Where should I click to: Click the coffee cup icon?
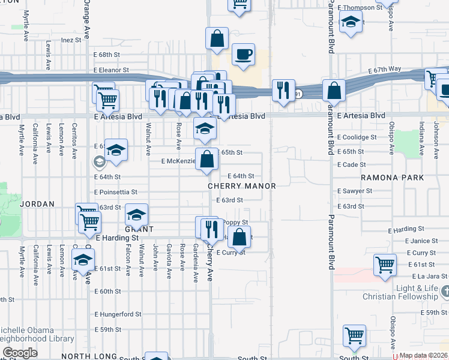tap(243, 55)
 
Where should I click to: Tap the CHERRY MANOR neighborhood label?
tap(242, 186)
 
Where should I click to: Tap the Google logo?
tap(20, 353)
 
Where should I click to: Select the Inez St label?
tap(71, 40)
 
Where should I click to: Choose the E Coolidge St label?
tap(357, 137)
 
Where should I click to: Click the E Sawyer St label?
tap(355, 191)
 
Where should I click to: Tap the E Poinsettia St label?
tap(116, 192)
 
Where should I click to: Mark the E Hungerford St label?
tap(118, 314)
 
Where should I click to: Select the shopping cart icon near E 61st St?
tap(384, 264)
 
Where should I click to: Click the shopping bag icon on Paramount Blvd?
tap(334, 90)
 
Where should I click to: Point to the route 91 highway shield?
tap(298, 94)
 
